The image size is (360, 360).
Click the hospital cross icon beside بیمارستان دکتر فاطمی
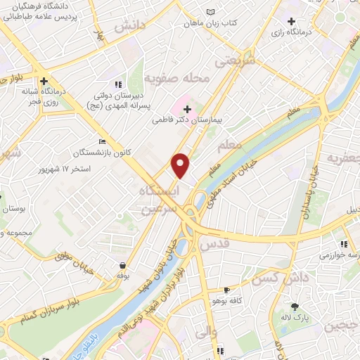tap(187, 108)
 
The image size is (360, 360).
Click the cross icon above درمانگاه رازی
tap(291, 22)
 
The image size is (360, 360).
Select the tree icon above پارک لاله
tap(295, 306)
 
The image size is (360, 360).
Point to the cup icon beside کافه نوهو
tap(226, 289)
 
